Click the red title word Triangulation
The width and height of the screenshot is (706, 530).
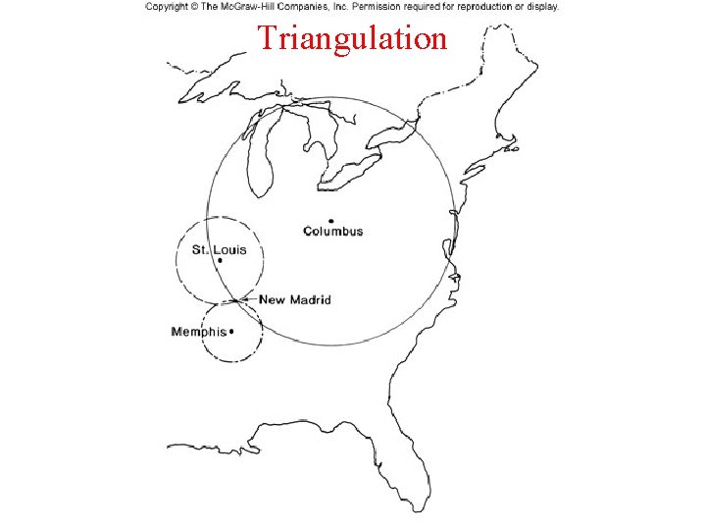(352, 38)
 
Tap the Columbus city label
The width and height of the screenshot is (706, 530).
(332, 232)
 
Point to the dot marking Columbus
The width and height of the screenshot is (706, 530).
(331, 221)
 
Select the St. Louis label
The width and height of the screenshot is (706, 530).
(219, 249)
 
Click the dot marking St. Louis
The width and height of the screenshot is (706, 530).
(219, 260)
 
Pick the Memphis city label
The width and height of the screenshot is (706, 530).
(198, 332)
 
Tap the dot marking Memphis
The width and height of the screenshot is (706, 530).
(231, 332)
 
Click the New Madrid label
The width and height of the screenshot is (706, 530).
(295, 299)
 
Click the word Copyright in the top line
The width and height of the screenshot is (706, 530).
(168, 7)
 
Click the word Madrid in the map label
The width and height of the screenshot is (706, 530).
(311, 299)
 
